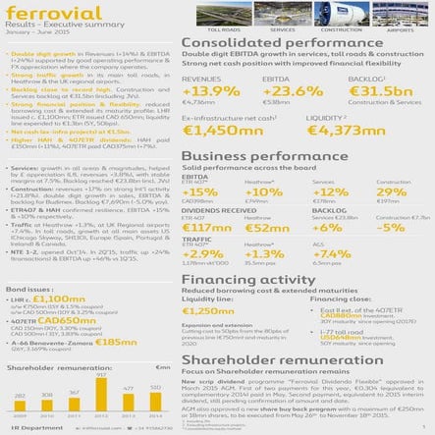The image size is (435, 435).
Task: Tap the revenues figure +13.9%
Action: coord(211,91)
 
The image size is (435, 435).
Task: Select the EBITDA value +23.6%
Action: coord(291,91)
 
